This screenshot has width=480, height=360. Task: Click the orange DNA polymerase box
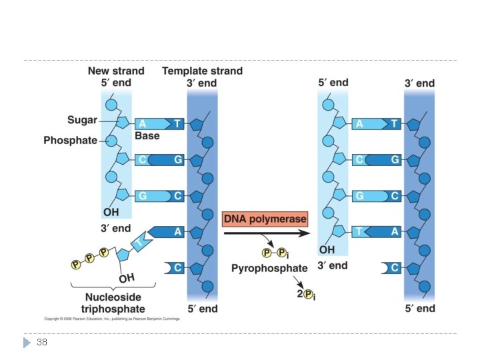pos(265,219)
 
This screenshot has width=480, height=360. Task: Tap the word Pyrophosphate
pos(269,268)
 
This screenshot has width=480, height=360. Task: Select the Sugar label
pos(82,121)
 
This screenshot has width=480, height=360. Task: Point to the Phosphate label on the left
pos(70,141)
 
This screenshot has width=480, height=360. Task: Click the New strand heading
pos(116,71)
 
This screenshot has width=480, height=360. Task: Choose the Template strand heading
pos(202,71)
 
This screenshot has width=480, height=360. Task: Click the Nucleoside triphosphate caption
pos(113,303)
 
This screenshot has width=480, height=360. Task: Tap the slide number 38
pos(42,342)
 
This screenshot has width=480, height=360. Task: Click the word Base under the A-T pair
pos(147,135)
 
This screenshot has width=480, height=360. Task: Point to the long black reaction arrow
pos(267,233)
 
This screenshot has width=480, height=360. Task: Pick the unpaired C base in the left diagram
pos(176,268)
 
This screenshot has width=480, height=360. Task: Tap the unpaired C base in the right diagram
pos(393,268)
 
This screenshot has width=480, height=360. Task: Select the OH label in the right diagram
pos(327,250)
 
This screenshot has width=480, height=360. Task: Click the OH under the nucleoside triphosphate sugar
pos(126,277)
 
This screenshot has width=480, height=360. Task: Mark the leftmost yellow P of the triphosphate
pos(76,265)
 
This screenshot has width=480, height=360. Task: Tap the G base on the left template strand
pos(177,159)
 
